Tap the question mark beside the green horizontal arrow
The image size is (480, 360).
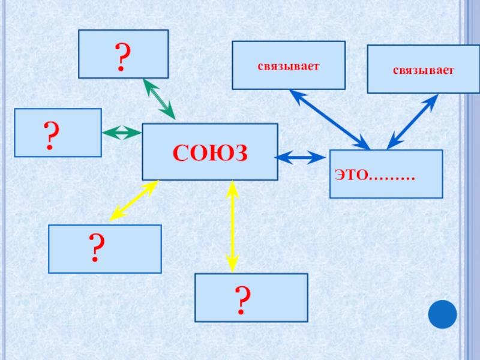(x=51, y=135)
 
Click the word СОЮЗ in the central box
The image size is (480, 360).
(x=210, y=153)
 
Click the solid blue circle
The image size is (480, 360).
(x=443, y=314)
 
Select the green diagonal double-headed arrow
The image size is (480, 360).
(x=158, y=98)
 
